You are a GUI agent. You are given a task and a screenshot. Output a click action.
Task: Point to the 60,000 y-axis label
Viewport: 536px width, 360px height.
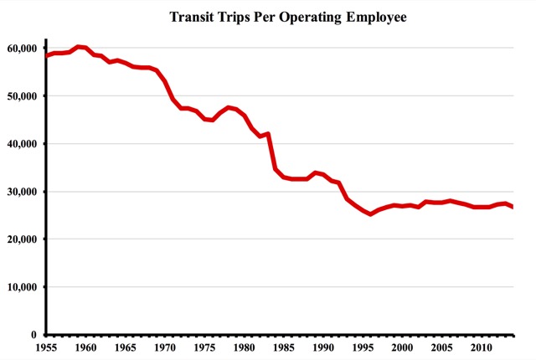pos(23,49)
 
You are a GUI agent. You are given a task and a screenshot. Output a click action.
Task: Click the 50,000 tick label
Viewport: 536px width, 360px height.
pos(23,96)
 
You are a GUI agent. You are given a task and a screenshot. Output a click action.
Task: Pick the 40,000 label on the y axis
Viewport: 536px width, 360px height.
pos(23,144)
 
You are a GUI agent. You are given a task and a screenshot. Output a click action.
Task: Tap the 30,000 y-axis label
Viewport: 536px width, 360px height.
pos(23,192)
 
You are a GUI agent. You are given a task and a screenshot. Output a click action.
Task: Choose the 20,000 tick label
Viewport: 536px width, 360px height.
pos(23,239)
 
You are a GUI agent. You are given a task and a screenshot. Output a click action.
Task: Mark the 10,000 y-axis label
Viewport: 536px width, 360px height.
pos(23,287)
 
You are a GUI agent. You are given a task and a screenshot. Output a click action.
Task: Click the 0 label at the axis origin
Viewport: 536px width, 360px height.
pos(34,335)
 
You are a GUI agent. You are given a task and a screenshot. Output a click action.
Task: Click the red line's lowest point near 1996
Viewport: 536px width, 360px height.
pos(371,214)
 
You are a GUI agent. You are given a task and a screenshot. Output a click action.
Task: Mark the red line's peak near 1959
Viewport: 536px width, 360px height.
pos(78,47)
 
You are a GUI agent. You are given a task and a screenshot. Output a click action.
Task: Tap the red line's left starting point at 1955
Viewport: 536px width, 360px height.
pos(47,56)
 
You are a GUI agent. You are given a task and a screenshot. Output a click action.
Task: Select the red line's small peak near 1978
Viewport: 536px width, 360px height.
pos(228,107)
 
